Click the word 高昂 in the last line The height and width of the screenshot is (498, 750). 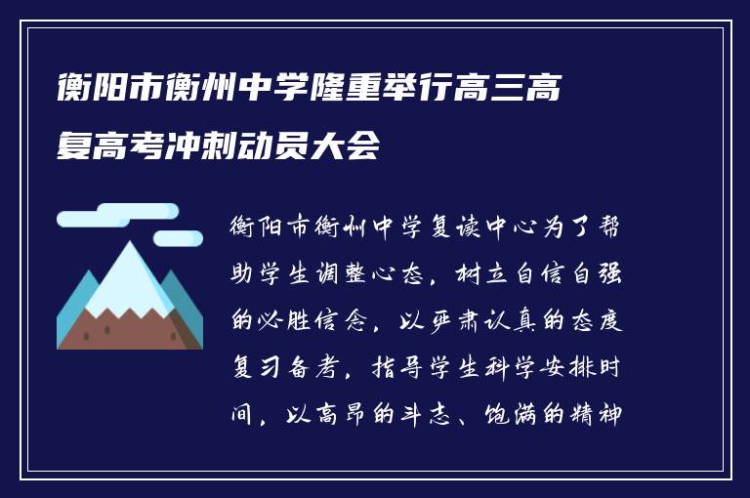[x=343, y=414]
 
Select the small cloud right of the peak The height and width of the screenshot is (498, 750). [x=179, y=238]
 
